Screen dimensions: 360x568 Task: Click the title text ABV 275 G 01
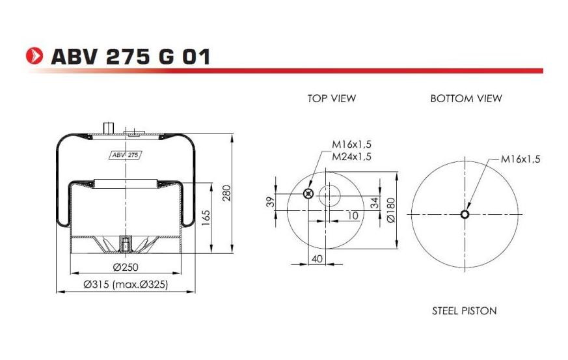click(x=130, y=57)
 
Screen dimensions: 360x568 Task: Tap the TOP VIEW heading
click(x=332, y=98)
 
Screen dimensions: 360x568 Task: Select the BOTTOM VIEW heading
click(x=466, y=98)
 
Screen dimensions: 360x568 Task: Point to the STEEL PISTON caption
click(x=464, y=311)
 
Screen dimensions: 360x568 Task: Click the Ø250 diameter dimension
click(x=126, y=267)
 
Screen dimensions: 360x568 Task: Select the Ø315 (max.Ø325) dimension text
click(x=126, y=285)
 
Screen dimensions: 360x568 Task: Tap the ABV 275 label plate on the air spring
click(x=124, y=155)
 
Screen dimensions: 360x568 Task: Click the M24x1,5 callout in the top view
click(x=351, y=157)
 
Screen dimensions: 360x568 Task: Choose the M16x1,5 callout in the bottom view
click(x=521, y=158)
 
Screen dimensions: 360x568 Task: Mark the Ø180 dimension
click(x=391, y=210)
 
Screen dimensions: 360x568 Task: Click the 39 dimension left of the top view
click(x=271, y=202)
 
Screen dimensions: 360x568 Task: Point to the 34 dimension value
click(x=374, y=202)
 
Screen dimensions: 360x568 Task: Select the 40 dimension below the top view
click(x=318, y=258)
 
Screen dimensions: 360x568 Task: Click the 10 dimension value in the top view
click(x=353, y=215)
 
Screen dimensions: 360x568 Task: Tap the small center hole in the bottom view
click(x=465, y=215)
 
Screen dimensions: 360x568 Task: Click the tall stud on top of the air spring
click(x=107, y=126)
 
